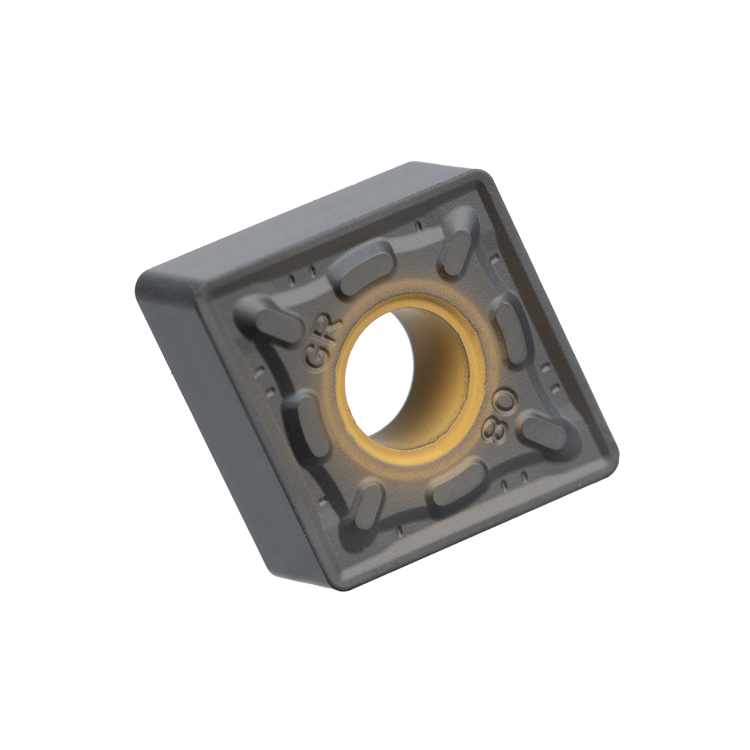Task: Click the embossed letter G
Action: [316, 357]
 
